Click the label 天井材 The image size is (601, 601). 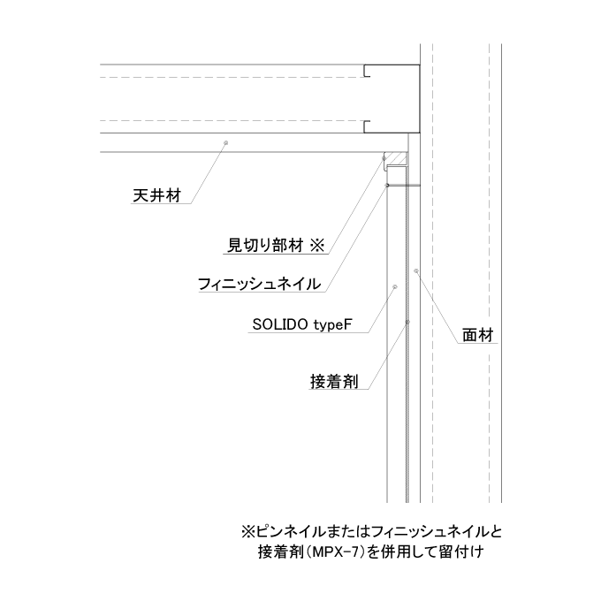tap(156, 195)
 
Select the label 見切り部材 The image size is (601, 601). tap(266, 246)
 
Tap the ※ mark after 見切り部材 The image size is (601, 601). tap(317, 246)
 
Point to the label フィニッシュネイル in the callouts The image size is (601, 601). tap(260, 284)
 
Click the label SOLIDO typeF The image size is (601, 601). tap(302, 325)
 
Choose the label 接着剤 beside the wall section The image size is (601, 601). tap(334, 382)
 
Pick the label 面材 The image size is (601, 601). tap(477, 335)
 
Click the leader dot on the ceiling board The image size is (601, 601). tap(225, 143)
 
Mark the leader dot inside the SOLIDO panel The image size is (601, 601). tap(396, 286)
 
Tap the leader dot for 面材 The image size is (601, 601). tap(416, 271)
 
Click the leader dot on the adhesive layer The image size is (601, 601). tap(407, 322)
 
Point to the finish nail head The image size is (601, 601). tap(387, 186)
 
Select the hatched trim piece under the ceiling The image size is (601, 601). tap(397, 159)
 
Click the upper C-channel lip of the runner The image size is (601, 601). tap(367, 71)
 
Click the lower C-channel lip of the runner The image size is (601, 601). tap(367, 127)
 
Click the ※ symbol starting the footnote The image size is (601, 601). tap(248, 532)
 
